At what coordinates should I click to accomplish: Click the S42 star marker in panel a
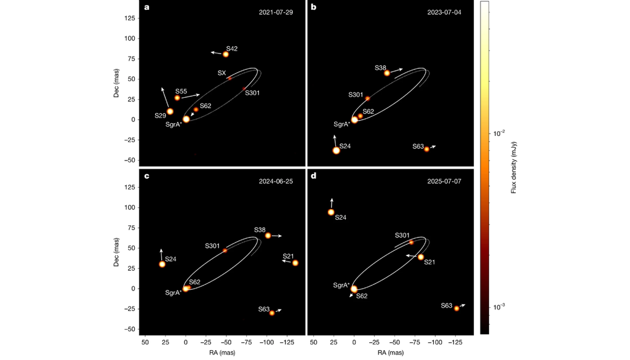tap(226, 54)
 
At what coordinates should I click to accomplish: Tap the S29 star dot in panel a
tap(170, 112)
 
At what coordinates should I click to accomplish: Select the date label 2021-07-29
tap(276, 12)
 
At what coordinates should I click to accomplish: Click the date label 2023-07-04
tap(444, 12)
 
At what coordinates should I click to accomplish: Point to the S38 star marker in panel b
tap(387, 73)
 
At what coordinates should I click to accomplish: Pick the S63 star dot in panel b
tap(427, 150)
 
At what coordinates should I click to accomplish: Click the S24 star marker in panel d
tap(331, 212)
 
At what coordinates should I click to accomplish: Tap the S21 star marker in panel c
tap(295, 263)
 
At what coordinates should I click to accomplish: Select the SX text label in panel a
tap(221, 73)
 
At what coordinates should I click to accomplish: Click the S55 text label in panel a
tap(181, 92)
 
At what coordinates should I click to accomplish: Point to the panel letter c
tap(146, 176)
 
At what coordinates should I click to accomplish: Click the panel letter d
tap(313, 176)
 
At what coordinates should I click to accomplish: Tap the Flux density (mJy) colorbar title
tap(514, 167)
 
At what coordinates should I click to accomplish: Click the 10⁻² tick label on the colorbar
tap(499, 134)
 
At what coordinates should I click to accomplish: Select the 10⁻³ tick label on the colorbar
tap(499, 307)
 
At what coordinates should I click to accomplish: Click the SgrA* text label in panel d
tap(341, 286)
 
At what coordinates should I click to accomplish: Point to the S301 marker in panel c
tap(225, 250)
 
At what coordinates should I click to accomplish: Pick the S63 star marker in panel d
tap(457, 308)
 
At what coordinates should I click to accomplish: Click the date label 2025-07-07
tap(444, 181)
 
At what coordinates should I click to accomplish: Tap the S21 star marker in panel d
tap(421, 257)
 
